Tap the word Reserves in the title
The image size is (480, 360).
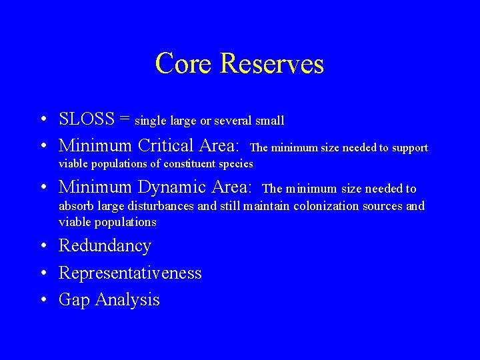(271, 64)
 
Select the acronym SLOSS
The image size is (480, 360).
(87, 119)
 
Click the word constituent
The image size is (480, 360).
(188, 164)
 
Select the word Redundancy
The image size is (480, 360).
(105, 246)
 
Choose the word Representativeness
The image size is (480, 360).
(130, 273)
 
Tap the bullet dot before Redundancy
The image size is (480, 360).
(42, 247)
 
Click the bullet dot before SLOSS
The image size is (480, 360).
(42, 120)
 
